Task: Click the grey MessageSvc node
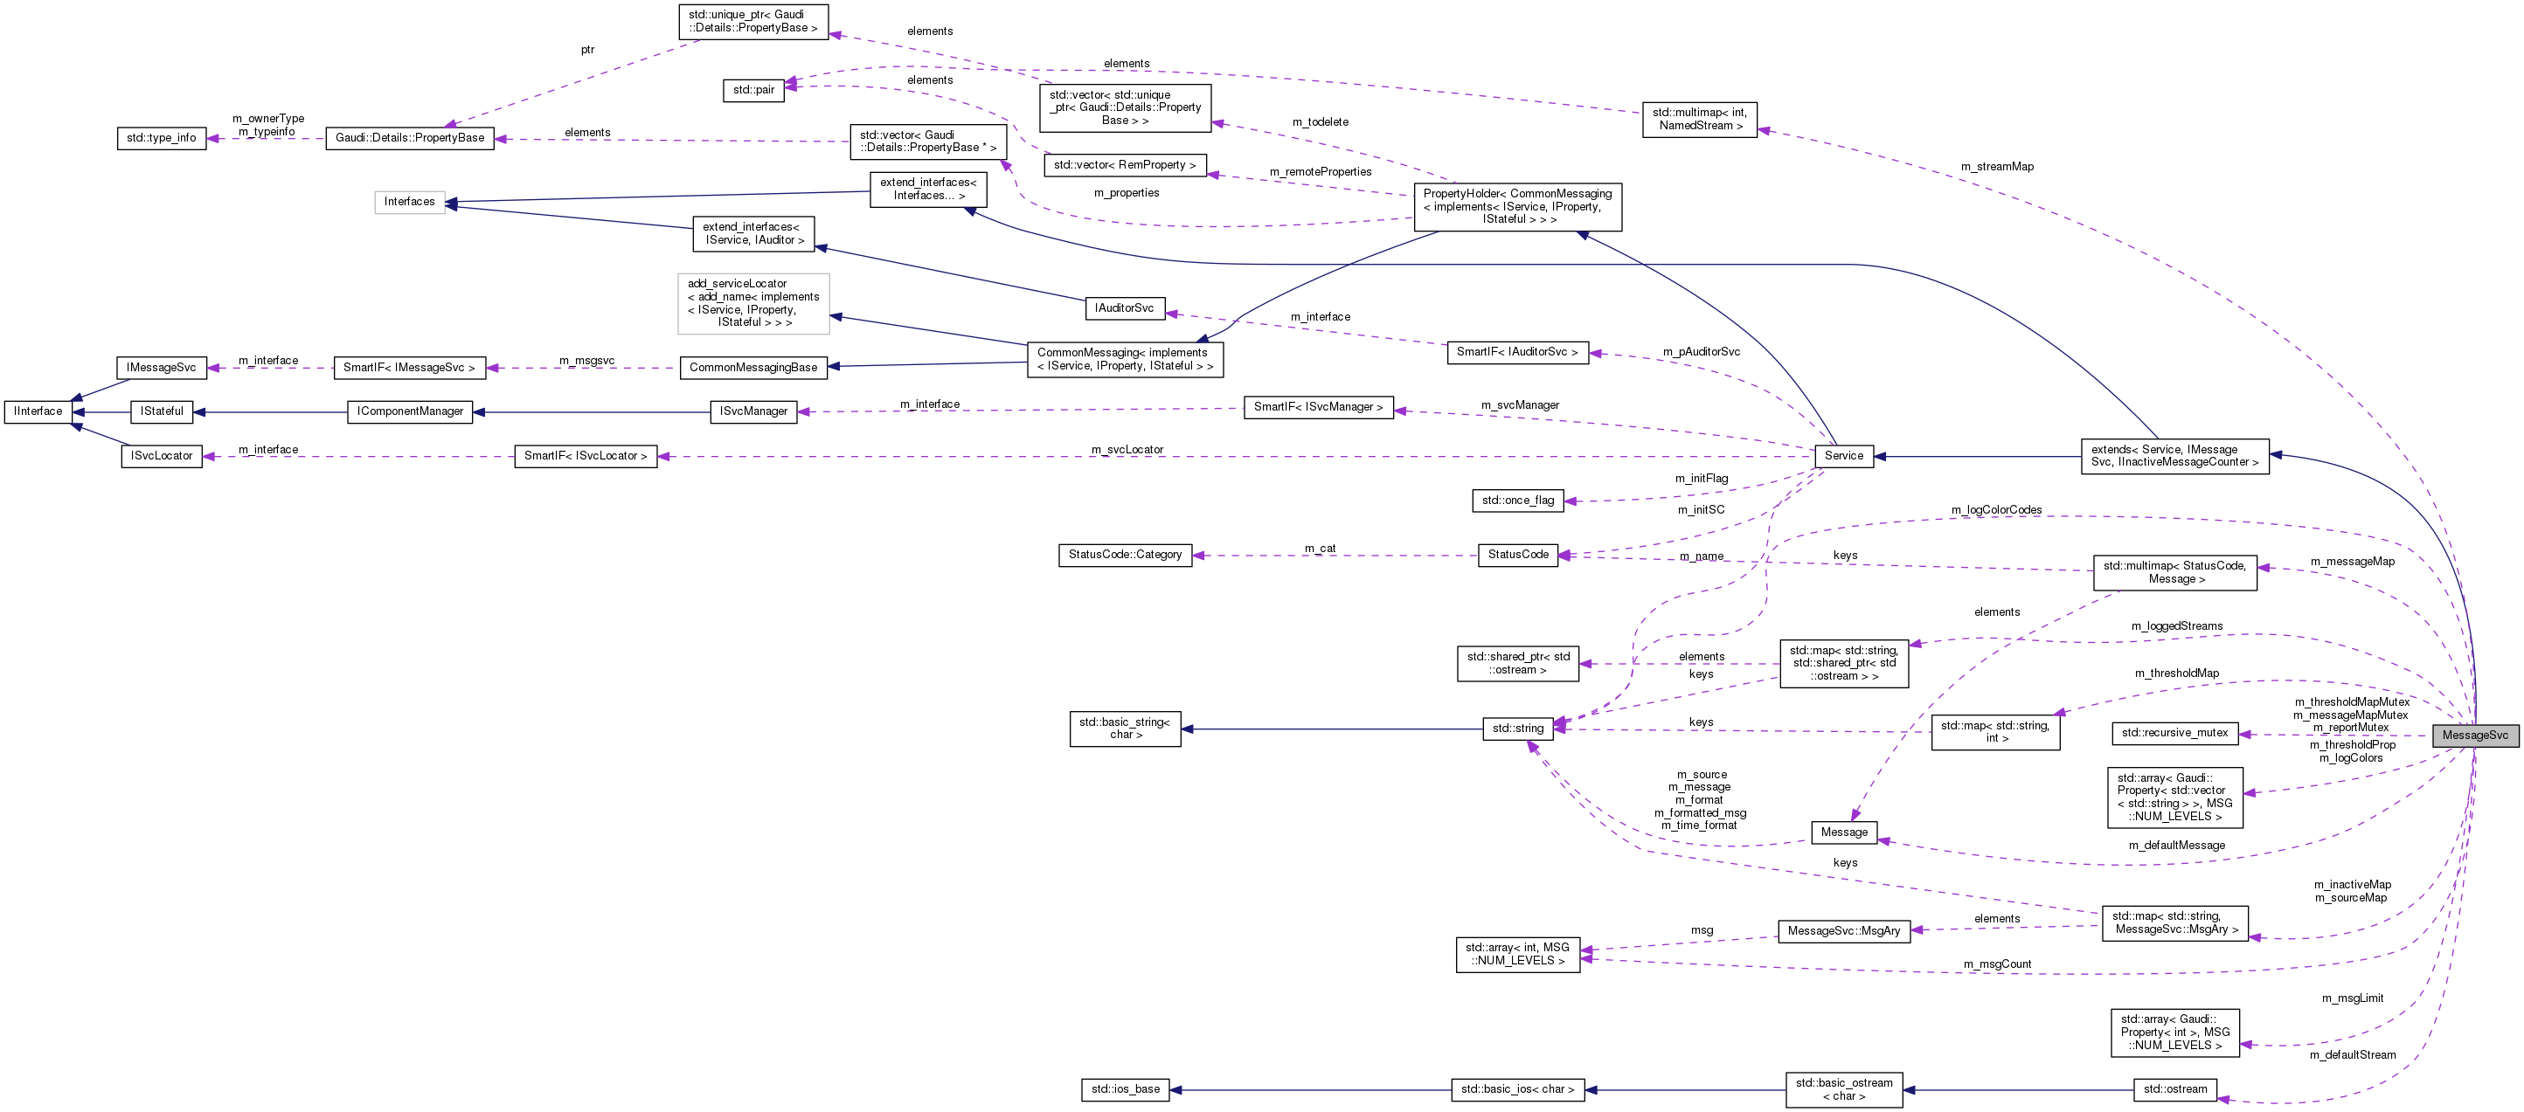(2474, 736)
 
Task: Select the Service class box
(1843, 456)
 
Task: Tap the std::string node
(1518, 728)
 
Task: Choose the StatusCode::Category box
(1125, 555)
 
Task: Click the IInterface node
(38, 411)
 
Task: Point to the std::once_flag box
(1518, 501)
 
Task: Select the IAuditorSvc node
(1124, 307)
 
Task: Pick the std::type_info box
(161, 138)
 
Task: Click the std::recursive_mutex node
(2174, 733)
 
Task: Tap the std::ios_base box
(1126, 1089)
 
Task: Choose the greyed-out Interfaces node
(409, 202)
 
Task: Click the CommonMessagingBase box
(752, 368)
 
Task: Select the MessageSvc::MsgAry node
(1843, 931)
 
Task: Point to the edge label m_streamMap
(1997, 167)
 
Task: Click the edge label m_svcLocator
(1127, 450)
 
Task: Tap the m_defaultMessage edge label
(2176, 846)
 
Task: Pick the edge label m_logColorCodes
(1996, 510)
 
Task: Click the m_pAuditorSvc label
(1701, 352)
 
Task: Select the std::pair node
(753, 90)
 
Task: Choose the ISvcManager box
(752, 411)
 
